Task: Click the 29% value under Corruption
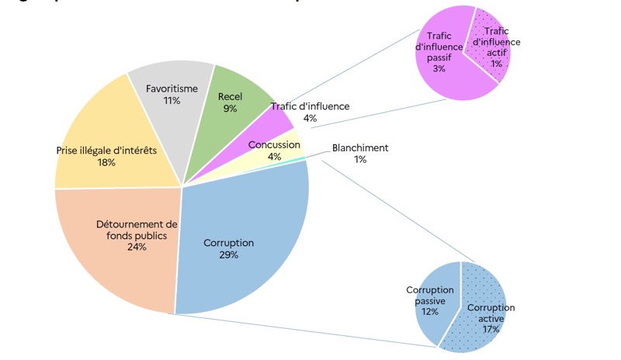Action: point(228,254)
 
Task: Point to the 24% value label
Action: point(137,247)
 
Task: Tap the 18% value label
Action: point(106,162)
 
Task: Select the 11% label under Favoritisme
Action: point(172,100)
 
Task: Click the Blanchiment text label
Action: point(360,148)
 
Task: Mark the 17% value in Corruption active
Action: point(490,329)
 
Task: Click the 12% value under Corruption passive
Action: point(430,311)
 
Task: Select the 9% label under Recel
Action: point(230,109)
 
